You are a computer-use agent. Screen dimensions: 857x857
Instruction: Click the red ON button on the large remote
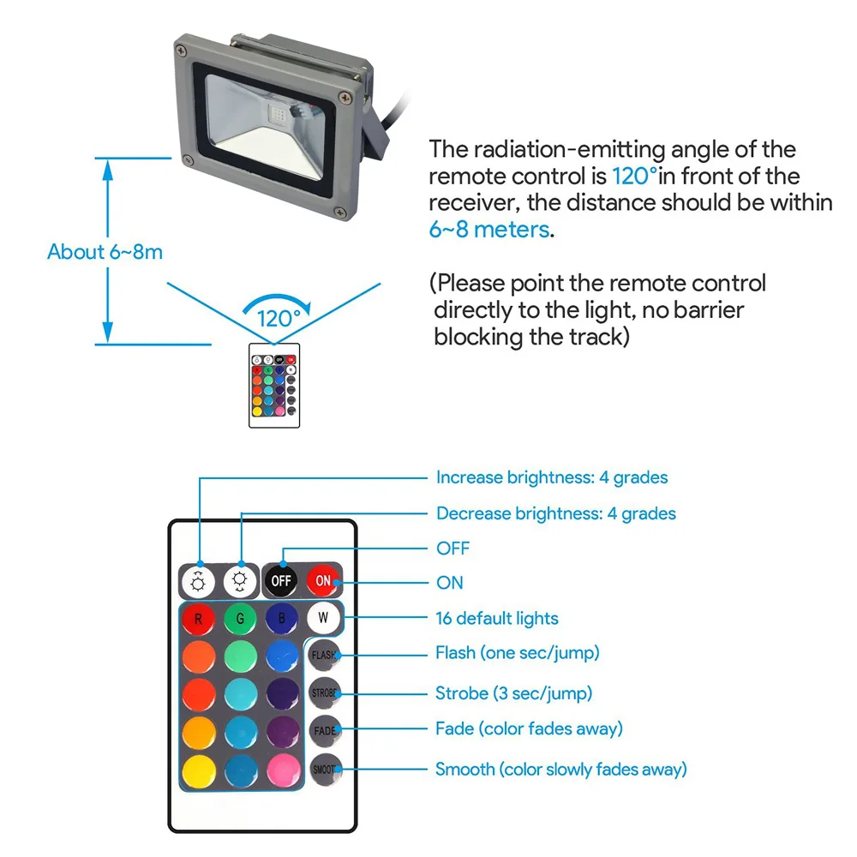pyautogui.click(x=323, y=580)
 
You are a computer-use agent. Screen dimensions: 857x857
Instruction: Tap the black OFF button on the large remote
pyautogui.click(x=281, y=580)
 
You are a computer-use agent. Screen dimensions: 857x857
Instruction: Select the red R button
pyautogui.click(x=198, y=619)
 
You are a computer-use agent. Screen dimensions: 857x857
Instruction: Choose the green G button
pyautogui.click(x=240, y=619)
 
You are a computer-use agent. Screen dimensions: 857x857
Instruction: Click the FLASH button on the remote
pyautogui.click(x=324, y=656)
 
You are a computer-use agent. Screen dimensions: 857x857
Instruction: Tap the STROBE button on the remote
pyautogui.click(x=324, y=693)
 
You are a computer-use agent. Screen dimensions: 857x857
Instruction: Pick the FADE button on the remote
pyautogui.click(x=325, y=731)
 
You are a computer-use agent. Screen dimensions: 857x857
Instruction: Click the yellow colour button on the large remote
pyautogui.click(x=199, y=771)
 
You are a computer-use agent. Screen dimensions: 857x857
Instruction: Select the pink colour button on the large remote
pyautogui.click(x=283, y=771)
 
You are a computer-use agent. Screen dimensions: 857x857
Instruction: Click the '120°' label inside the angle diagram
pyautogui.click(x=279, y=319)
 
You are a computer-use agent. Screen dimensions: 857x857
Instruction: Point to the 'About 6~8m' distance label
pyautogui.click(x=105, y=252)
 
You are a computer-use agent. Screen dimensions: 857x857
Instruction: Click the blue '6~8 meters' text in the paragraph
pyautogui.click(x=489, y=230)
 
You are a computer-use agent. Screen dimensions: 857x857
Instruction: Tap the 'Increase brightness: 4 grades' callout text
pyautogui.click(x=552, y=477)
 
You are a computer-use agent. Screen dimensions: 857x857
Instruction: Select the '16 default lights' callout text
pyautogui.click(x=497, y=618)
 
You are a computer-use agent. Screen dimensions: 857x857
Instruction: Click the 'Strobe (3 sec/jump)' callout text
pyautogui.click(x=513, y=693)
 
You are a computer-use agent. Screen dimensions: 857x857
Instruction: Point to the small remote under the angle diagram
pyautogui.click(x=274, y=386)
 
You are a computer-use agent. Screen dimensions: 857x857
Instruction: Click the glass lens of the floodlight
pyautogui.click(x=265, y=127)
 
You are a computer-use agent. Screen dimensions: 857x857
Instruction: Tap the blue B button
pyautogui.click(x=282, y=619)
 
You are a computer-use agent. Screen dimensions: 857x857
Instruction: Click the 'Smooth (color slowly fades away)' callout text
pyautogui.click(x=560, y=770)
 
